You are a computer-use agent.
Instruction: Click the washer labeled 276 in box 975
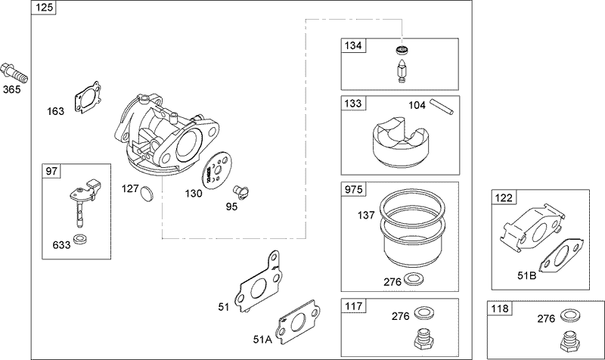point(414,279)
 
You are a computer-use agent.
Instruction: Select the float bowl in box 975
point(411,231)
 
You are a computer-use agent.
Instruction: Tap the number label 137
point(366,216)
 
